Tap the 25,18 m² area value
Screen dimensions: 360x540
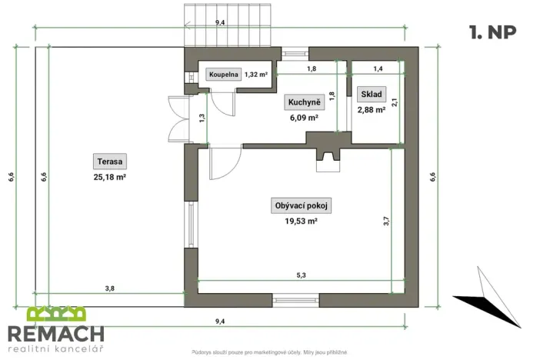point(111,176)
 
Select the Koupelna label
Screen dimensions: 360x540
point(224,75)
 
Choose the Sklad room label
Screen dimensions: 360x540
point(372,94)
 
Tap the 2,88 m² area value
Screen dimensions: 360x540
point(372,109)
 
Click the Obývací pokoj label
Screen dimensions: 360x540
point(302,205)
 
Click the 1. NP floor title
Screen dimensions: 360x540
point(492,32)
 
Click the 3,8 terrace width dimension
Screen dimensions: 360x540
point(110,288)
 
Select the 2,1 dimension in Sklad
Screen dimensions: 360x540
point(394,102)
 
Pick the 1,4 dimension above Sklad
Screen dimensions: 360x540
point(377,68)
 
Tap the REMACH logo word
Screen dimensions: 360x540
point(56,333)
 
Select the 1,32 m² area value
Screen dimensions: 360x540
point(256,75)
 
